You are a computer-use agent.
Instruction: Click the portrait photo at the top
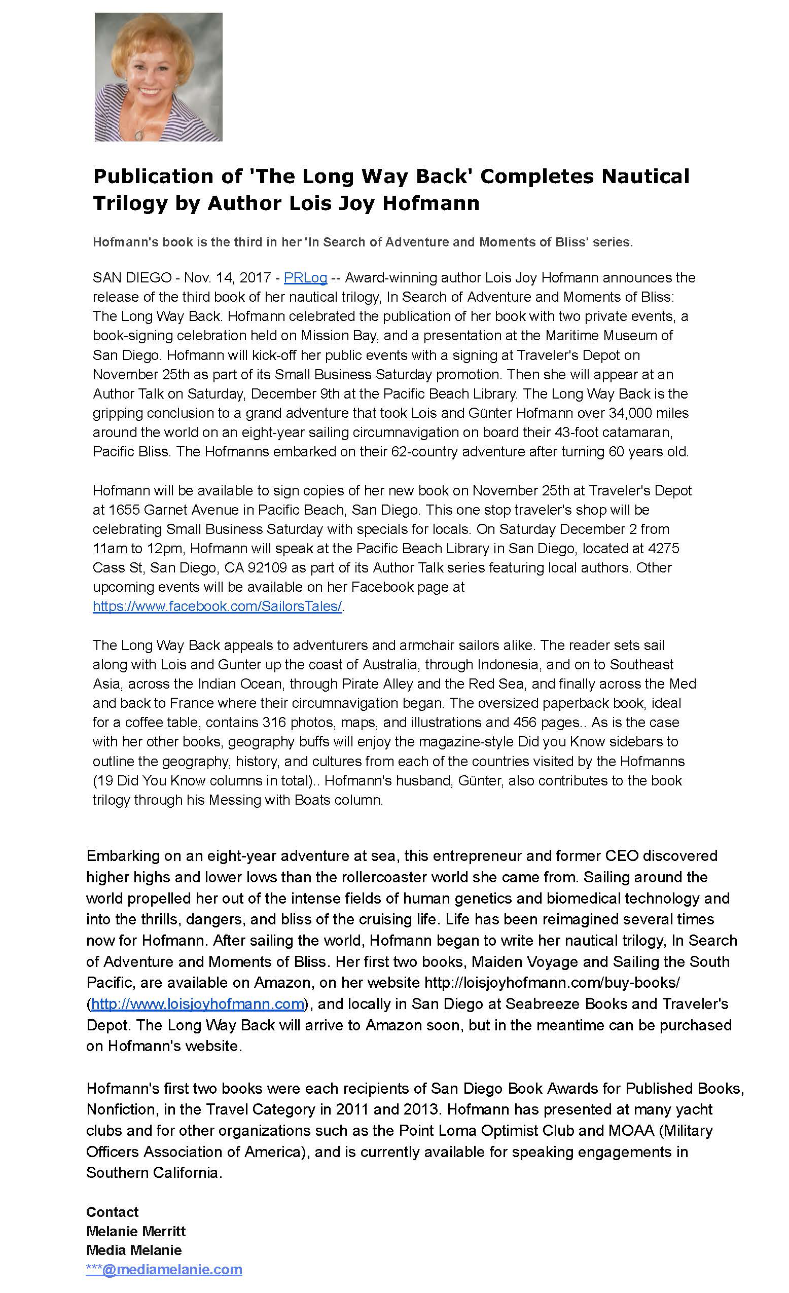point(158,77)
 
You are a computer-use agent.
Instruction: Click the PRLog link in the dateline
point(305,277)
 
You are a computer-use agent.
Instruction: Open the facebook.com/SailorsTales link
point(217,606)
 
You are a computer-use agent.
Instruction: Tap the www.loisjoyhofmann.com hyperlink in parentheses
point(197,1003)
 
